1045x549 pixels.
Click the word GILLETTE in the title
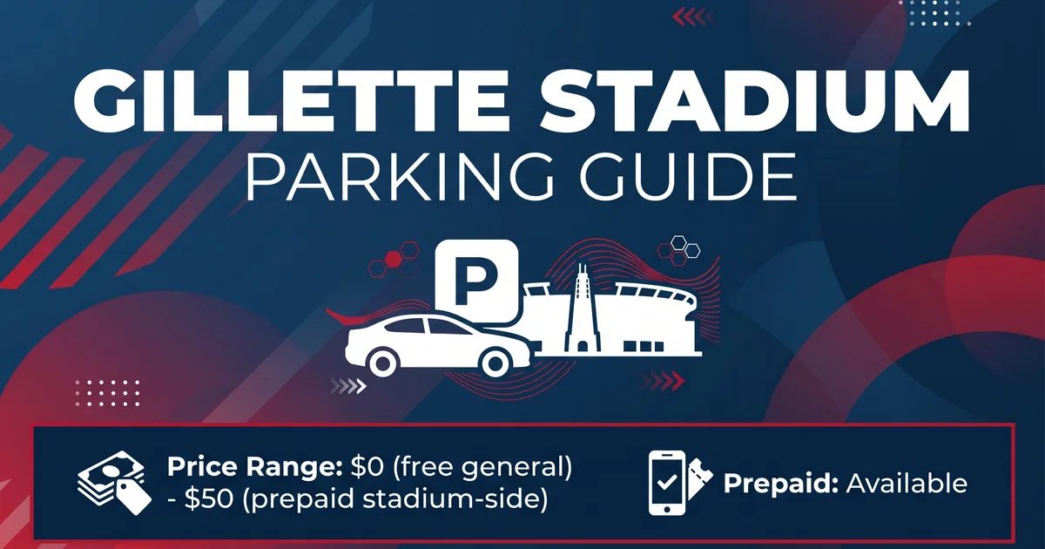(290, 101)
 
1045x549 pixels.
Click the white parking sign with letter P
(476, 281)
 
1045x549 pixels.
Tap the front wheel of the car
(496, 363)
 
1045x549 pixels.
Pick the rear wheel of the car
(382, 363)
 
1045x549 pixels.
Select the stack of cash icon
(114, 483)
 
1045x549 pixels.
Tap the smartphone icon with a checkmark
(667, 483)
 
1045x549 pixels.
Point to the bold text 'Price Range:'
(254, 467)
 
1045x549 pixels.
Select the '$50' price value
(208, 498)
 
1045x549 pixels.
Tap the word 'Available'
(907, 483)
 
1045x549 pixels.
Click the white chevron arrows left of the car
(348, 386)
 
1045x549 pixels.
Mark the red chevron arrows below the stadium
(664, 382)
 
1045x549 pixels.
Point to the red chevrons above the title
(693, 17)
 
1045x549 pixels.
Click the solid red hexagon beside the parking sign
(394, 256)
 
